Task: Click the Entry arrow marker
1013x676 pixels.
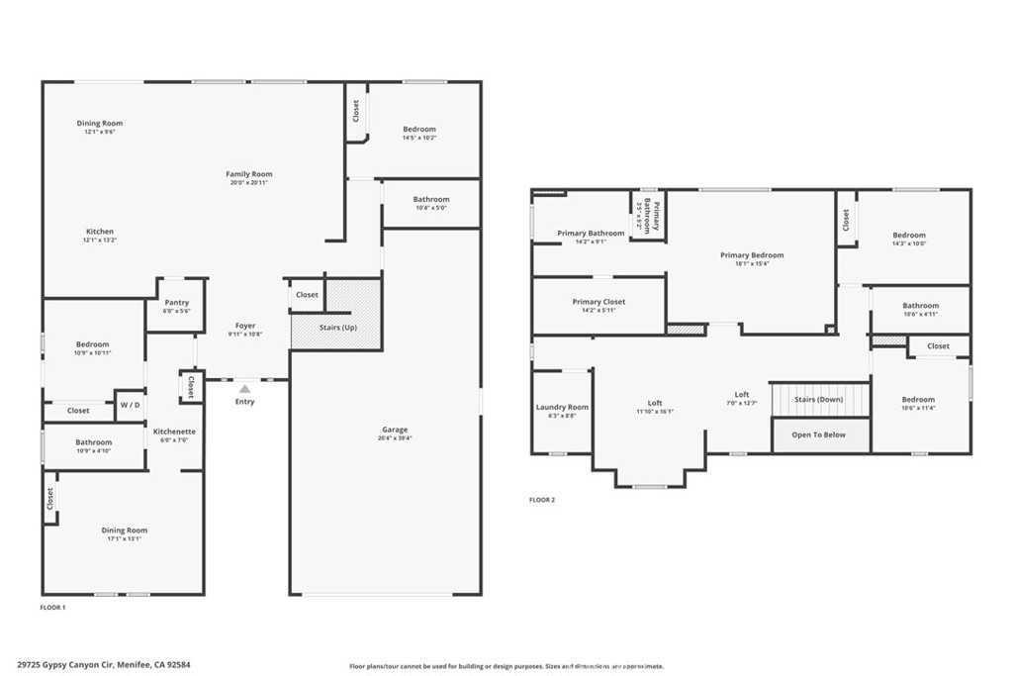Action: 244,389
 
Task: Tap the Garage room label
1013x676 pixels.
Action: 396,431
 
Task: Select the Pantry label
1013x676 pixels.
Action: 177,303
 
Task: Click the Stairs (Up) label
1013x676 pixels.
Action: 336,328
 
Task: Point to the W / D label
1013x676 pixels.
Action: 130,405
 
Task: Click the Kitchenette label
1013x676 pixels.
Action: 174,432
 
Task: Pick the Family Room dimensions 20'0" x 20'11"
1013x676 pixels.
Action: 248,183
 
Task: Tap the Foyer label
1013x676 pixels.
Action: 245,326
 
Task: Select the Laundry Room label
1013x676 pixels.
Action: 562,407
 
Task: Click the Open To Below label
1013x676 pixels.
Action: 818,435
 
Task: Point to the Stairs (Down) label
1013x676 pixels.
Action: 818,399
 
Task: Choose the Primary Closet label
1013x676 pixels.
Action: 599,302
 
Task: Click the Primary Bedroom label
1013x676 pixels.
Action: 752,255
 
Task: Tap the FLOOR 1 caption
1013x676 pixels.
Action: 52,607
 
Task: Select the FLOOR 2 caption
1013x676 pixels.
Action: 542,500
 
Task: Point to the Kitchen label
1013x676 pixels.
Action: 99,232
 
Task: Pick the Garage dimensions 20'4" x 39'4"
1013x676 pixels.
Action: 396,438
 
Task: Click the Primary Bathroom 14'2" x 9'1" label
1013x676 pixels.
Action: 591,237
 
